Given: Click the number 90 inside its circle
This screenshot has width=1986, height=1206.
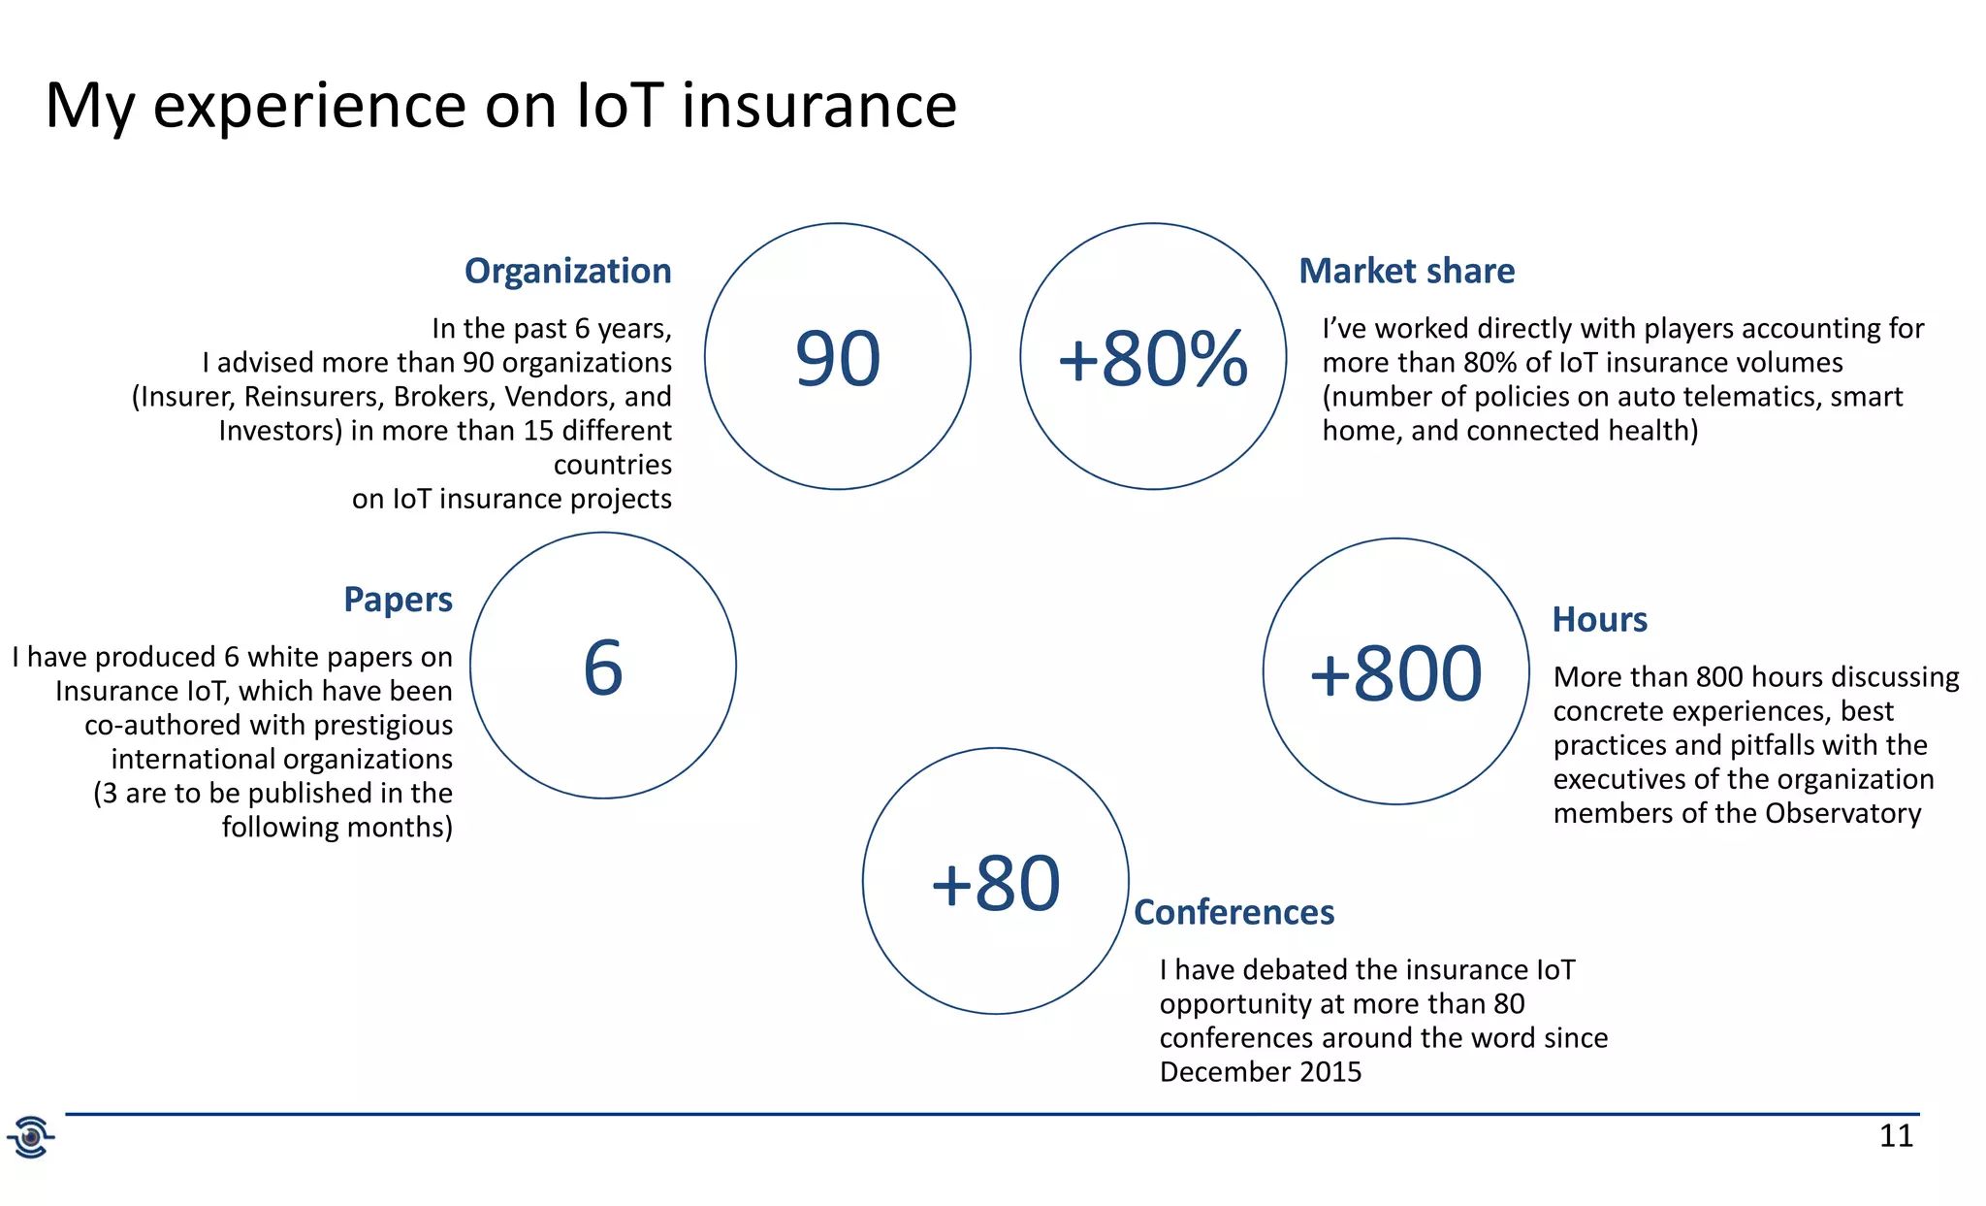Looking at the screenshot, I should [838, 359].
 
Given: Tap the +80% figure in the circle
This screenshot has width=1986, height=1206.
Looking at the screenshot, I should [1152, 359].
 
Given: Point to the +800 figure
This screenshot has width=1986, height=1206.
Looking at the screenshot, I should [1395, 673].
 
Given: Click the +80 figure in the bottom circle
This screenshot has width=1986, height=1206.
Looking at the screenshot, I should [995, 884].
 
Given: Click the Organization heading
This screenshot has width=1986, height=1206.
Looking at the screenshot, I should [567, 271].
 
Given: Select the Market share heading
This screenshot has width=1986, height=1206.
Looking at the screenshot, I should [1406, 271].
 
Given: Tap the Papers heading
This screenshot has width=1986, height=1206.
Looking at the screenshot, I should [398, 600].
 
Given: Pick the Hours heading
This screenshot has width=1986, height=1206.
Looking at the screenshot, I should [1599, 619].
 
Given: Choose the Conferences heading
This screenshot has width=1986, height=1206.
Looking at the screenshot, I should [1233, 912].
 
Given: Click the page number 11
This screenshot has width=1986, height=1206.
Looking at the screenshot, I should [1896, 1135].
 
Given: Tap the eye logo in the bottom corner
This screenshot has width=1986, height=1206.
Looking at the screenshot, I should [31, 1136].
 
